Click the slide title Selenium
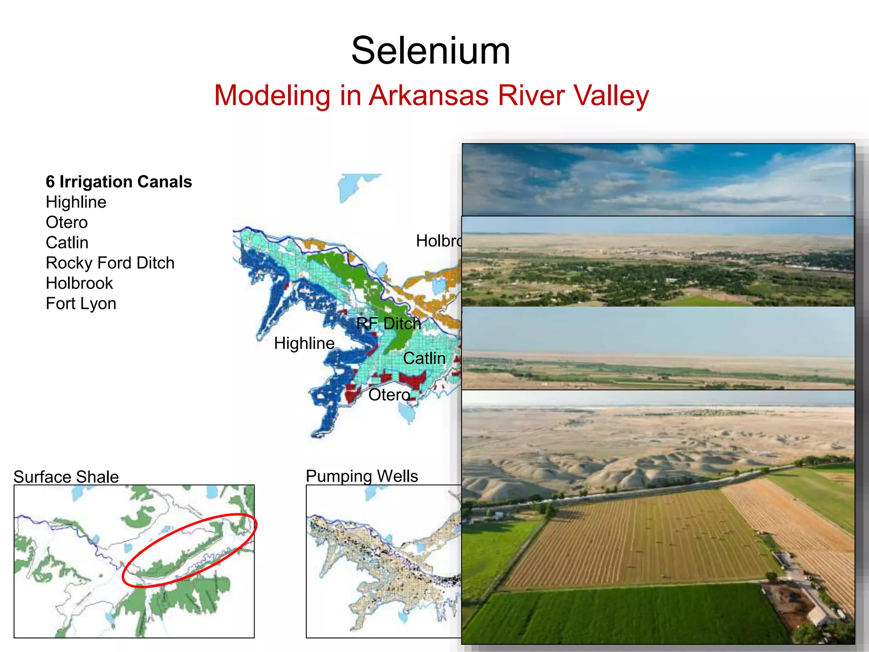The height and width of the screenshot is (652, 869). [x=431, y=51]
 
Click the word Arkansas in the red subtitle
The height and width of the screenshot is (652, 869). [x=429, y=96]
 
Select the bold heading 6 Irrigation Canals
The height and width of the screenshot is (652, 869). [x=119, y=182]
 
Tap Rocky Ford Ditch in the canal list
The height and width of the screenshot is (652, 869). [x=110, y=263]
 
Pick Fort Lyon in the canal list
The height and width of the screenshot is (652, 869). [x=81, y=304]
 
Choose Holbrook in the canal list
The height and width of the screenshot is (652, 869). [x=79, y=283]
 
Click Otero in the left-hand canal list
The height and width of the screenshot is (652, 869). [x=67, y=222]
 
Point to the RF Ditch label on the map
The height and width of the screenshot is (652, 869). [x=388, y=323]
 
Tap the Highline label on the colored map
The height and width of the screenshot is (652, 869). [x=304, y=343]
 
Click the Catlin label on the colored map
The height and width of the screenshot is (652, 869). [x=424, y=358]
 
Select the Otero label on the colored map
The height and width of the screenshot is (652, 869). [x=389, y=395]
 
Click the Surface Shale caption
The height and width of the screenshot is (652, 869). [x=66, y=477]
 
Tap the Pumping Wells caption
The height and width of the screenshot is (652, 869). [x=362, y=476]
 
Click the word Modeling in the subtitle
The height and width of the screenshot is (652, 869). [x=272, y=96]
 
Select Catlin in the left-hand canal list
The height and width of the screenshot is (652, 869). [x=67, y=243]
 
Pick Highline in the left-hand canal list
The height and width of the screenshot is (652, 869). [x=76, y=202]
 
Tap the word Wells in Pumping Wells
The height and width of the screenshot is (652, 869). [x=397, y=476]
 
